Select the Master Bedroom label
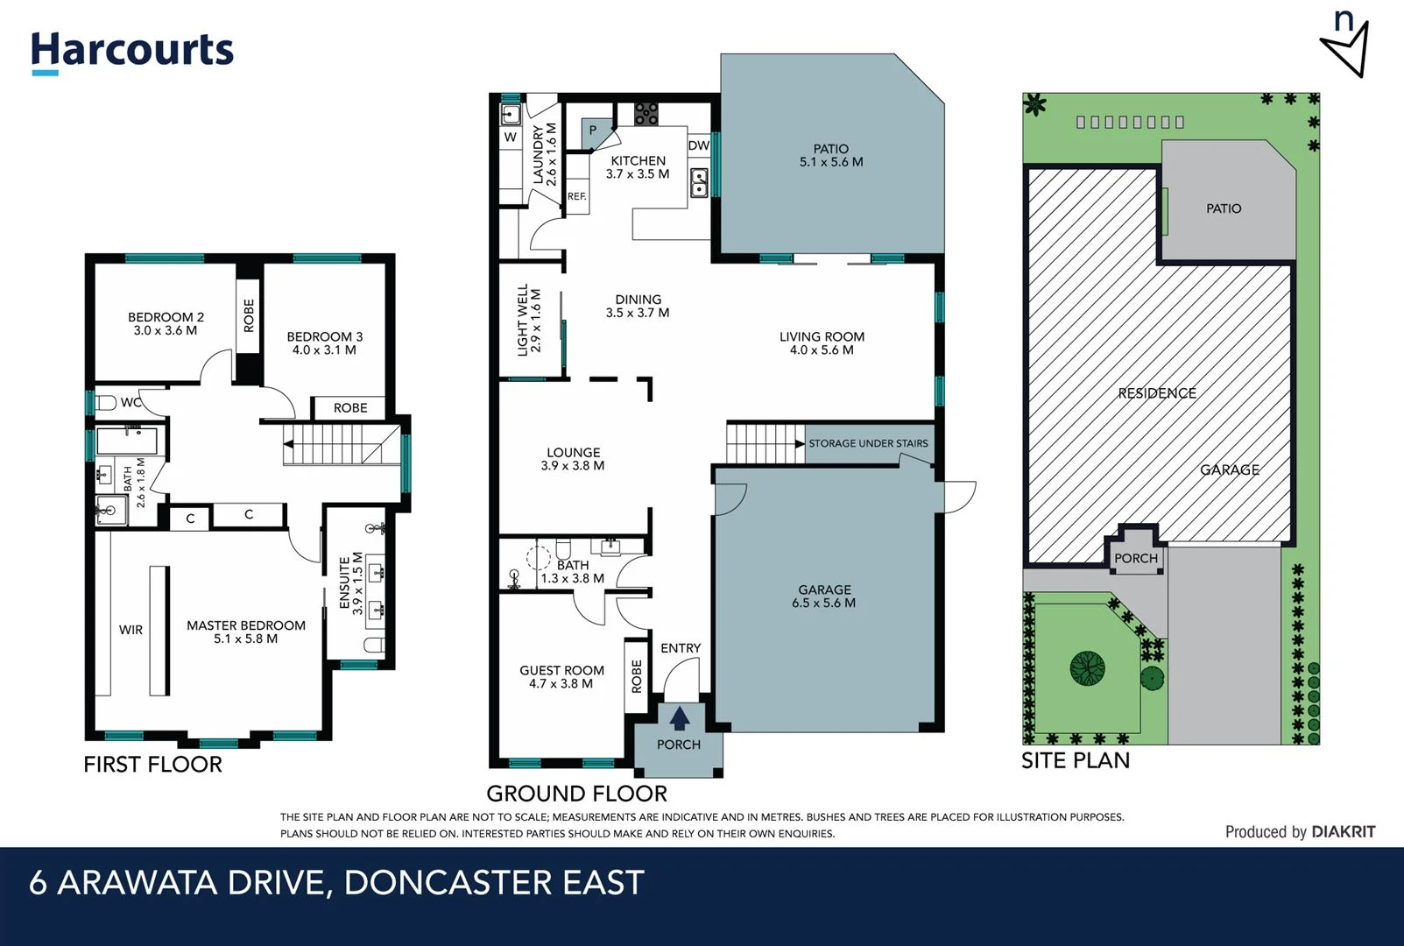point(246,632)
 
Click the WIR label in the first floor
point(131,630)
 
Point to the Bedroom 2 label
point(166,323)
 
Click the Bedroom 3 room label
point(324,342)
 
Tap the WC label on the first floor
point(131,403)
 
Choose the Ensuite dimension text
point(358,583)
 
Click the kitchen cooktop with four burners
point(646,114)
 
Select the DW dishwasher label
point(698,145)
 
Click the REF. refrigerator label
point(576,196)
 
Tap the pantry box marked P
point(593,131)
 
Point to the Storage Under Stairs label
point(867,443)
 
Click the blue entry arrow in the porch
point(679,718)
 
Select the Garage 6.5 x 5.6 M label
point(824,596)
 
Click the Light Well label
point(529,319)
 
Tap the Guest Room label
point(561,676)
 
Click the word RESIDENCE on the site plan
point(1156,393)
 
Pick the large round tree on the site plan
point(1087,668)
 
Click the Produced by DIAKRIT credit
point(1299,831)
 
